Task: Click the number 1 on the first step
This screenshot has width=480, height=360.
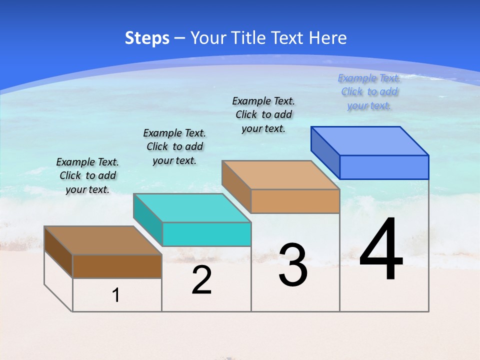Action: pos(116,295)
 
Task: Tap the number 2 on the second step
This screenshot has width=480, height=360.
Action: pos(201,280)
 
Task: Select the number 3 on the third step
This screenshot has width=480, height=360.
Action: pos(293,265)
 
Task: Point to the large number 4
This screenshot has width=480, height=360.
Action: pos(381,250)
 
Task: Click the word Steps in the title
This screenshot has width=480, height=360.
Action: pos(147,38)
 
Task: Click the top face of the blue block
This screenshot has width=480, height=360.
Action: pos(370,140)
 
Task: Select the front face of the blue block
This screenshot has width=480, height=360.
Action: pos(384,167)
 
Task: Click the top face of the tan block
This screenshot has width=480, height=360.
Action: pos(280,175)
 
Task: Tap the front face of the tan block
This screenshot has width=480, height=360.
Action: pos(295,201)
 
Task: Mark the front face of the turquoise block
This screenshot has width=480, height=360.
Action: pos(206,234)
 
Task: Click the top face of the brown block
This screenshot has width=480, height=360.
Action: pos(103,240)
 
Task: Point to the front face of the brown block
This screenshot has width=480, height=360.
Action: pos(117,266)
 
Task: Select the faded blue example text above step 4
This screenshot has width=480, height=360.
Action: pos(369,91)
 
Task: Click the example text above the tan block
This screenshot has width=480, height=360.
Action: pos(263,114)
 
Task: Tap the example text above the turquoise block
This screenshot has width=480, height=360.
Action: pos(174,146)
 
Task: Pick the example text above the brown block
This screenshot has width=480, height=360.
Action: pos(87,175)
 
